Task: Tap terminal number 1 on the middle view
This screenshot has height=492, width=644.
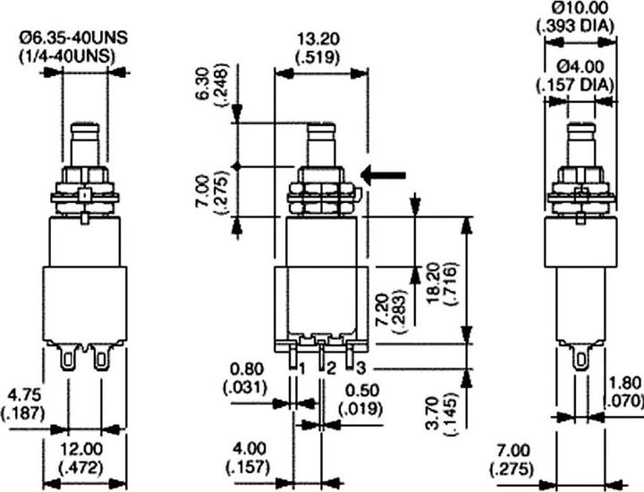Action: click(303, 369)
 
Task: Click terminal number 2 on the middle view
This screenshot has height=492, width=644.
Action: click(330, 369)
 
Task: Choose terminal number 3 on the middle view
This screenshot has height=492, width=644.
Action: click(360, 368)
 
